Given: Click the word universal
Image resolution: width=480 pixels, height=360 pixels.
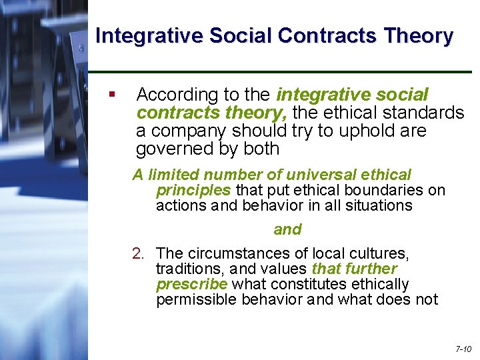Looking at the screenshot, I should click(x=319, y=175).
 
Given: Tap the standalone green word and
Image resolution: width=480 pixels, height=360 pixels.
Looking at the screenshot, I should click(x=287, y=230).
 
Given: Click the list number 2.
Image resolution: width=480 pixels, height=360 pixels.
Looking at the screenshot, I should click(x=138, y=253).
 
